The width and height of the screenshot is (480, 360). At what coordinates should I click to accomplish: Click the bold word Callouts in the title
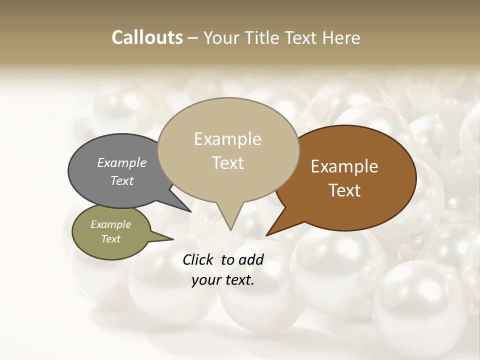click(x=147, y=37)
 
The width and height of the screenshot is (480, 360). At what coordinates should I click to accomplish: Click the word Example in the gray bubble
click(x=122, y=163)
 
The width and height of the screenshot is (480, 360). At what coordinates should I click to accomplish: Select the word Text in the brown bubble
click(x=344, y=190)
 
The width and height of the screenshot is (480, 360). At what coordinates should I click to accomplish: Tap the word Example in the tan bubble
click(x=227, y=139)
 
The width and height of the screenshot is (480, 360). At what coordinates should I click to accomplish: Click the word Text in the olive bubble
click(x=110, y=239)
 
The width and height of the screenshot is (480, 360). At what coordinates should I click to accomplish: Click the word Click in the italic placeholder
click(x=198, y=259)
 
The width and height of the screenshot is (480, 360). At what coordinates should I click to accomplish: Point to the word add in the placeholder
click(x=251, y=259)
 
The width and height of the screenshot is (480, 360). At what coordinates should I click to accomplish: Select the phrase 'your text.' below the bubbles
click(x=223, y=280)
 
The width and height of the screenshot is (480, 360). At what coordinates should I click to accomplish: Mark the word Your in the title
click(x=221, y=37)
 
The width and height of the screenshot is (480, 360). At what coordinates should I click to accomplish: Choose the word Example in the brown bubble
click(x=344, y=166)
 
